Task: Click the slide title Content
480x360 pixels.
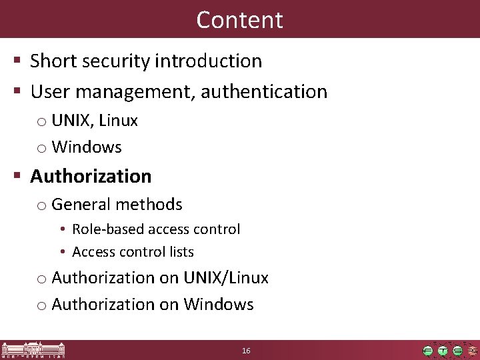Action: coord(239,19)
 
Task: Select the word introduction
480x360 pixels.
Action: coord(208,61)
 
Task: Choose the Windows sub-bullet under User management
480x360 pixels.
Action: coord(87,147)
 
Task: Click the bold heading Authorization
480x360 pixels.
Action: coord(91,176)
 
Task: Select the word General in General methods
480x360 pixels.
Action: coord(77,204)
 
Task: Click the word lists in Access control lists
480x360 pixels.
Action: coord(181,252)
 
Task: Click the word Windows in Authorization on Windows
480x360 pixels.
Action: coord(219,305)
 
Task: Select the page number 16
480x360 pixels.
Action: coord(246,351)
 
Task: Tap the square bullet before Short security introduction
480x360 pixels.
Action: coord(19,62)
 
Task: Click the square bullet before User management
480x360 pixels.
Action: coord(19,92)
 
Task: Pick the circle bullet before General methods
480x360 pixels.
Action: coord(41,205)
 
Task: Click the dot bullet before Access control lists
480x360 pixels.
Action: coord(61,252)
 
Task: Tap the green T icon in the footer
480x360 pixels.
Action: coord(443,351)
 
